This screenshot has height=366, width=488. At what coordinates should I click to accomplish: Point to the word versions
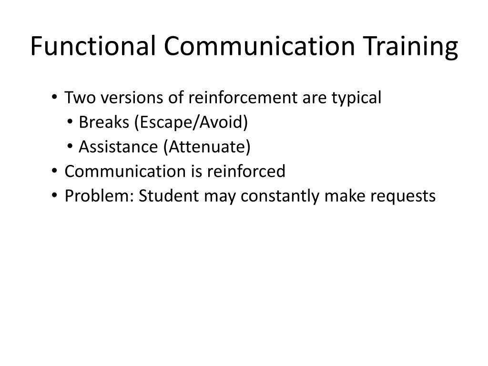tap(124, 98)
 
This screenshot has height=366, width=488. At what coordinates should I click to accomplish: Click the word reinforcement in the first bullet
tap(233, 98)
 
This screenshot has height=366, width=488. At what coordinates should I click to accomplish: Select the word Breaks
tap(104, 123)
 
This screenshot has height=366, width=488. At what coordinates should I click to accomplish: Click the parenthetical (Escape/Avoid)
tap(191, 123)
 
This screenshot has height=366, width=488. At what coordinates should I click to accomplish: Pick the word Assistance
tap(120, 147)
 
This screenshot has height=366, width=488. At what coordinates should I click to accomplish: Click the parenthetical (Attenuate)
tap(207, 147)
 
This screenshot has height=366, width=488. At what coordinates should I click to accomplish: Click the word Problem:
tap(99, 196)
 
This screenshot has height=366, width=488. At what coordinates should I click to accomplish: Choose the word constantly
tap(278, 196)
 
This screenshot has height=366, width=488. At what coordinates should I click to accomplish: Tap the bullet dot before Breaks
tap(70, 122)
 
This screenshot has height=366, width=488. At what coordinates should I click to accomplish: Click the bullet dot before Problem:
tap(56, 196)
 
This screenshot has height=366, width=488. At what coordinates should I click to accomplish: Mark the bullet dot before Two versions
tap(56, 98)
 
